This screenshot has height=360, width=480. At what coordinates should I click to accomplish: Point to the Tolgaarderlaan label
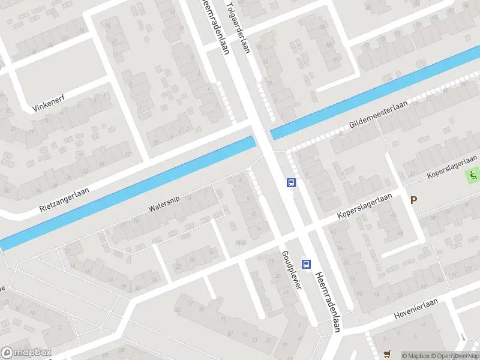[237, 26]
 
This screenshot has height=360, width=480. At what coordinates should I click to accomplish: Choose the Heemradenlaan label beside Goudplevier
[329, 299]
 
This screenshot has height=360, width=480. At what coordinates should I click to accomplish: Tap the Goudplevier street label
[290, 269]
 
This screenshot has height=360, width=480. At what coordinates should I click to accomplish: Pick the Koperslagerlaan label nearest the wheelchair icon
[452, 166]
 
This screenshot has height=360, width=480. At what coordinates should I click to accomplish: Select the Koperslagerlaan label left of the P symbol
[365, 206]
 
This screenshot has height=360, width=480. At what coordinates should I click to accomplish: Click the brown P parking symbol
[413, 200]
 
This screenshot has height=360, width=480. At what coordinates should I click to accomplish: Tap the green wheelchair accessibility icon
[473, 176]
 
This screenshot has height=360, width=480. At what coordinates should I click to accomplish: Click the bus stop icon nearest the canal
[292, 182]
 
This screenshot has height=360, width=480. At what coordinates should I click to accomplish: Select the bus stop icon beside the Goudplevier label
[307, 263]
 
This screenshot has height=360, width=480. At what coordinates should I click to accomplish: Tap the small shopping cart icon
[387, 355]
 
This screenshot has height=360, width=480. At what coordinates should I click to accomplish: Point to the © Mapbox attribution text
[416, 356]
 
